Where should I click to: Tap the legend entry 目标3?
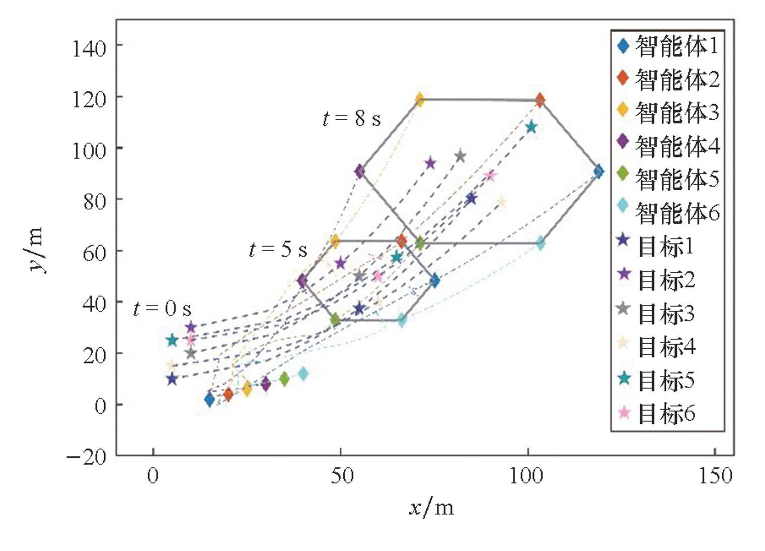pos(657,313)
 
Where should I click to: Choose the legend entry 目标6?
pos(657,414)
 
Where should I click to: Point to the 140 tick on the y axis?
pos(89,48)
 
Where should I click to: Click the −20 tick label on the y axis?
pos(87,456)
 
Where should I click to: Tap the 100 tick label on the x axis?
pos(527,476)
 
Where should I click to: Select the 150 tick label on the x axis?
pos(715,476)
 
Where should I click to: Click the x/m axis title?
pos(431,508)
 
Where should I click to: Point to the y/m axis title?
pos(37,251)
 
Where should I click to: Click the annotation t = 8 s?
pos(351,119)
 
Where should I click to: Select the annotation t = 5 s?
pos(278,249)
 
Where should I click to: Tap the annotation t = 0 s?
pos(162,308)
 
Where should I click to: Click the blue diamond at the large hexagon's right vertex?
pos(598,171)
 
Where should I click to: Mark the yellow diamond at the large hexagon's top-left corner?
pos(419,100)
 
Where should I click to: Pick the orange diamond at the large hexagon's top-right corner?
pos(540,100)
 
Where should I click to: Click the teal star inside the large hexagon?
pos(531,127)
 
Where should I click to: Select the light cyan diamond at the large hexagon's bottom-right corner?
pos(540,244)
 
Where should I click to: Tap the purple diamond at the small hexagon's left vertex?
pos(302,281)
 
